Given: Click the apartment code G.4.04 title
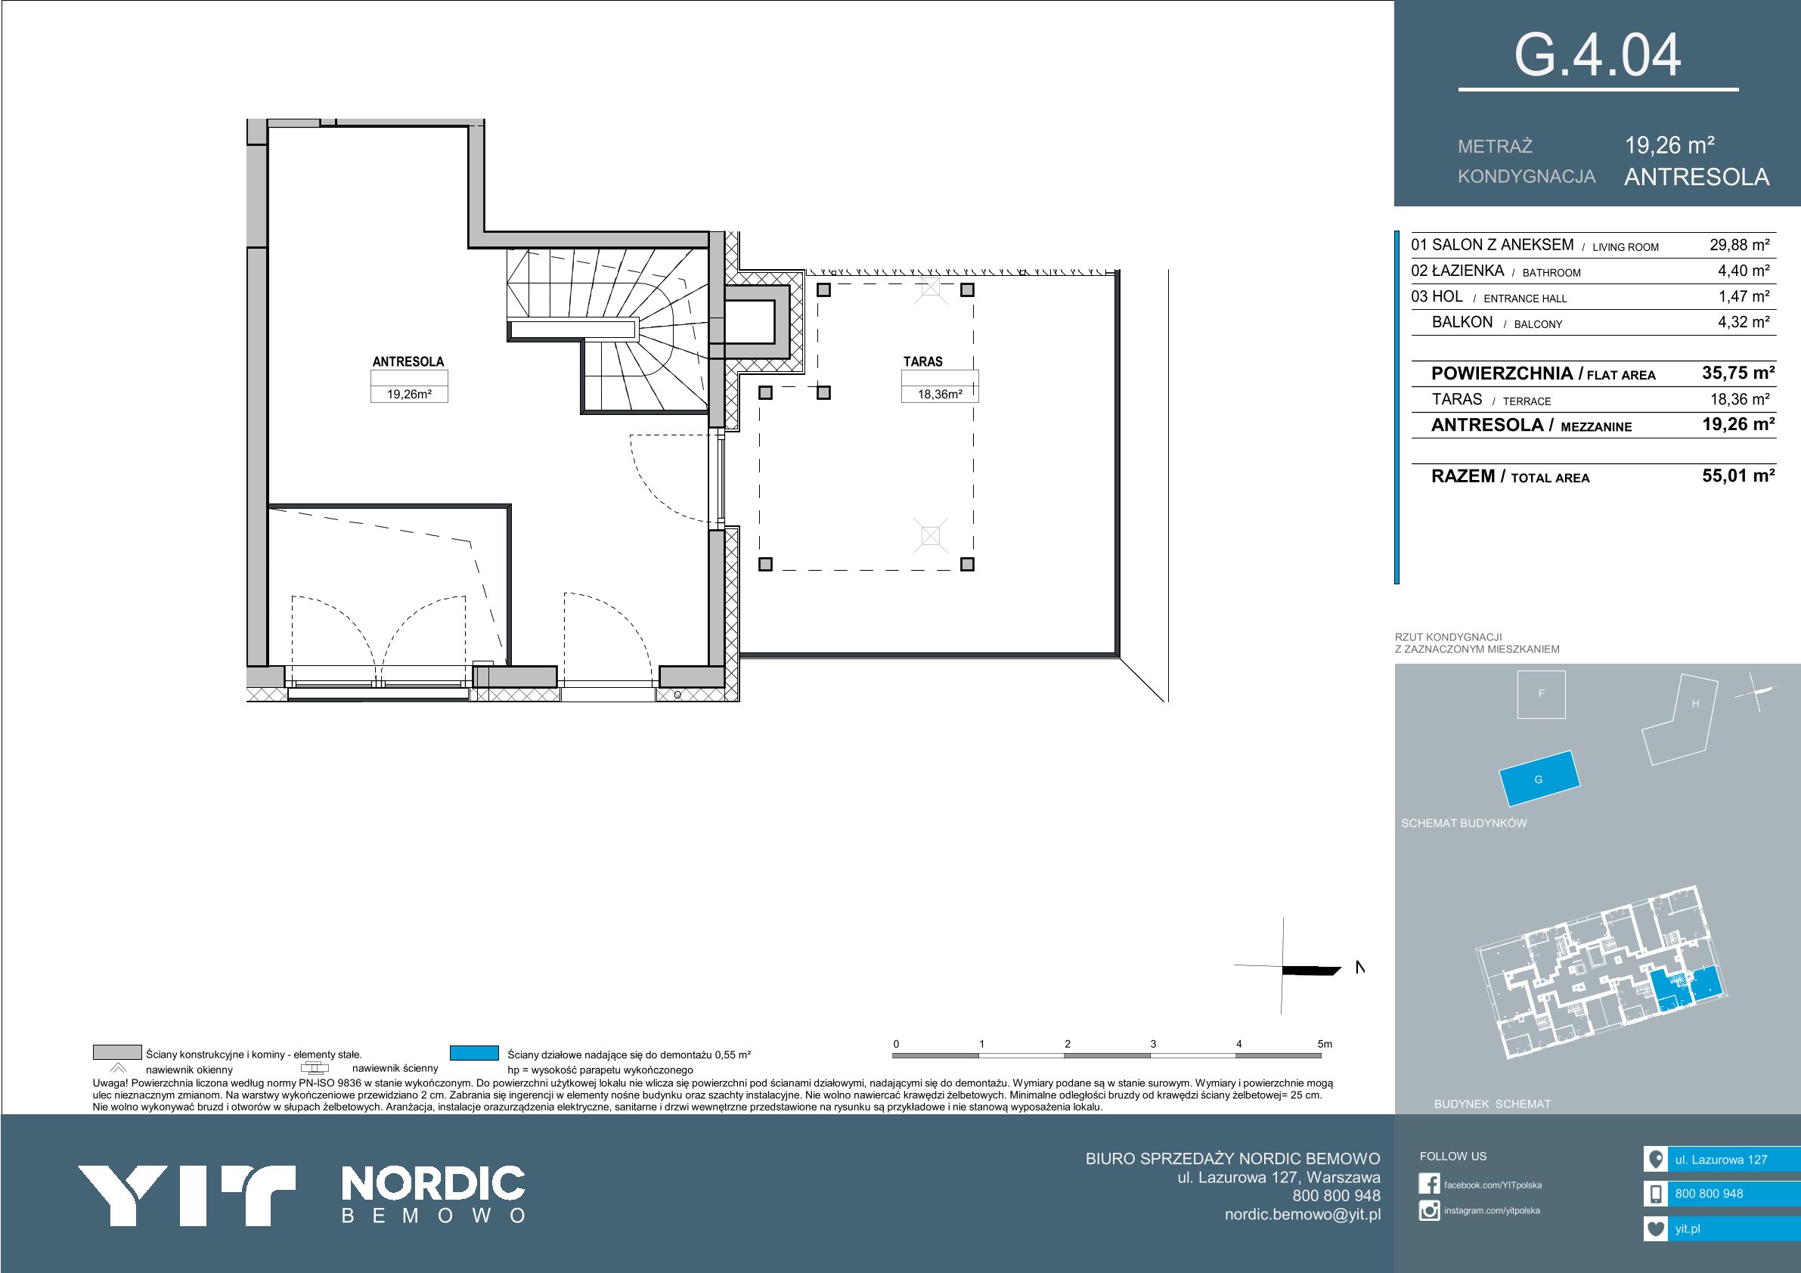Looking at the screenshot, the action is [x=1597, y=56].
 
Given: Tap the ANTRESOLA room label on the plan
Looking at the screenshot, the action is [x=408, y=361].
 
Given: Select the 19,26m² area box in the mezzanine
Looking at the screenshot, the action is [x=409, y=394].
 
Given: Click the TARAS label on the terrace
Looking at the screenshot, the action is [x=922, y=361].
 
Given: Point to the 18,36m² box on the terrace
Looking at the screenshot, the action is [x=940, y=394].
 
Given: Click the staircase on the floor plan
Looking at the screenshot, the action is [x=609, y=330].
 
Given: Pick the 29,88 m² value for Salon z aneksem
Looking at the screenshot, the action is [x=1739, y=245].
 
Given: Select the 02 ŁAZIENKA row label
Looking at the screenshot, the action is [x=1458, y=271].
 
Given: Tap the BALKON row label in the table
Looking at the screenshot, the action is [x=1462, y=322].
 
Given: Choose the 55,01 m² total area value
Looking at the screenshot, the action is [x=1738, y=475].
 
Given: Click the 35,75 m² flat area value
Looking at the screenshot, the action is [x=1738, y=373].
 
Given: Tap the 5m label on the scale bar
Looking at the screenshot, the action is [x=1324, y=1044].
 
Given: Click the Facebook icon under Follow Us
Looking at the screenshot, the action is [x=1429, y=1184].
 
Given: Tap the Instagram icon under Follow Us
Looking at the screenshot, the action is [x=1429, y=1210].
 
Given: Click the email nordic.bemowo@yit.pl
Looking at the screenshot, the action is [x=1302, y=1214].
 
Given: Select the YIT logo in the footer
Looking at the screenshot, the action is [x=186, y=1195].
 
